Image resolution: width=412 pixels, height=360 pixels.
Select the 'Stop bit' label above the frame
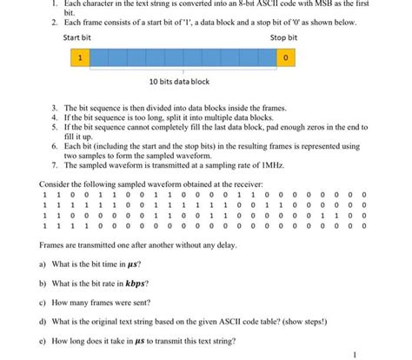[283, 38]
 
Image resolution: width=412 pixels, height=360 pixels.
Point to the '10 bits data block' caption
[179, 82]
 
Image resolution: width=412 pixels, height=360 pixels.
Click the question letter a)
[44, 263]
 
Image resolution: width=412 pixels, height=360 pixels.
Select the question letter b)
[44, 283]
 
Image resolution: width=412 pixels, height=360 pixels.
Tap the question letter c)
[44, 303]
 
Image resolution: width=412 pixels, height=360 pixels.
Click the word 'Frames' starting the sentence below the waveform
[53, 245]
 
